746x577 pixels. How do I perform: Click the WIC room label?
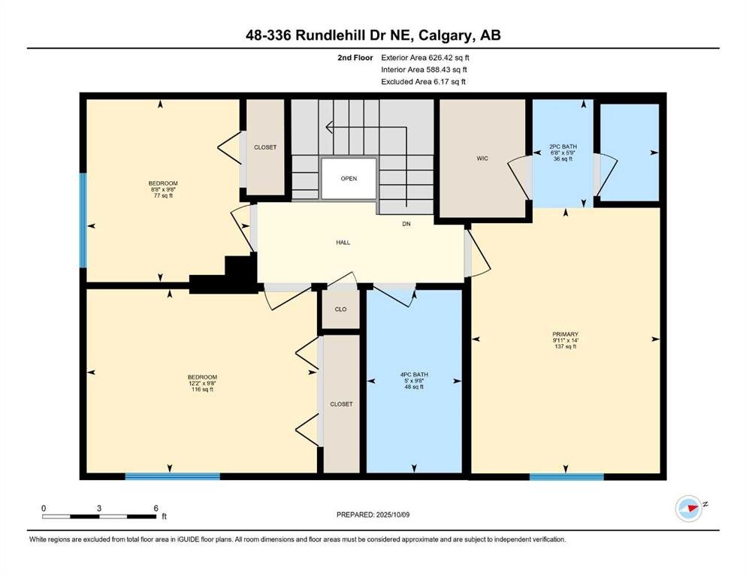[482, 159]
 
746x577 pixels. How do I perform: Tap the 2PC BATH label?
[563, 153]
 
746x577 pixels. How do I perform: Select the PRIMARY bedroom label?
[565, 340]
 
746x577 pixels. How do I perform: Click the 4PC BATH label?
[414, 381]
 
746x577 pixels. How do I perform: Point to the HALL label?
[343, 243]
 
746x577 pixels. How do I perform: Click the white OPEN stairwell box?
[349, 178]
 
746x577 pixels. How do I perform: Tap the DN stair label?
[406, 224]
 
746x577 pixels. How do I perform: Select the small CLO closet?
[340, 310]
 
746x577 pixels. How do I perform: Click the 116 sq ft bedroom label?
[202, 383]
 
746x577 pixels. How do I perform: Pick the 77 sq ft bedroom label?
[163, 189]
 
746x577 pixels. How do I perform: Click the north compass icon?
[689, 508]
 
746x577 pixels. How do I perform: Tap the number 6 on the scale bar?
[156, 508]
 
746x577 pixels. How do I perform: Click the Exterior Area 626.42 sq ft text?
[425, 58]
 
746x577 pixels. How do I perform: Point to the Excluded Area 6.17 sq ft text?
[423, 81]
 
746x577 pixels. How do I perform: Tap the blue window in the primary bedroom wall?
[566, 476]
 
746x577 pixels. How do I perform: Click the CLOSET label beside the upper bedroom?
[265, 147]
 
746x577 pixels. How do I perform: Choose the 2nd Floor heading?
[355, 58]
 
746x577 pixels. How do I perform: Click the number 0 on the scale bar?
[44, 508]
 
